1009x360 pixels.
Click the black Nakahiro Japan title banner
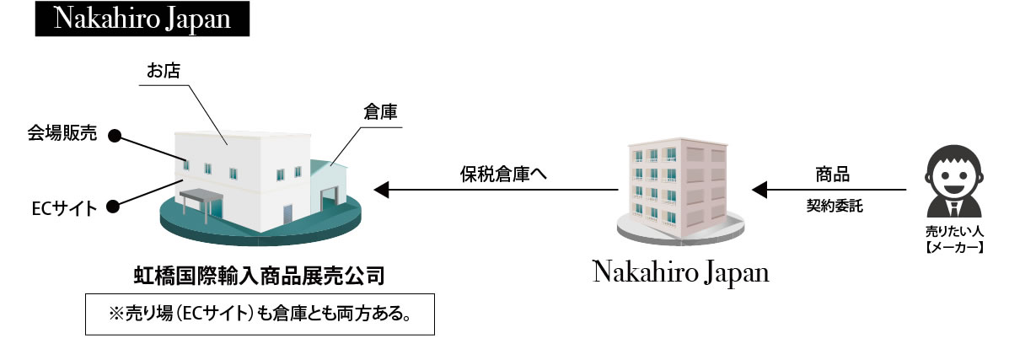[x=142, y=19]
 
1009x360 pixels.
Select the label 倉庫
[x=379, y=112]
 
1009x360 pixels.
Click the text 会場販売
[x=62, y=133]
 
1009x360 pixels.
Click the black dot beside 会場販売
[x=115, y=135]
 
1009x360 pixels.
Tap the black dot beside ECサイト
[x=113, y=207]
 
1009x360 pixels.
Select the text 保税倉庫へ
[x=503, y=174]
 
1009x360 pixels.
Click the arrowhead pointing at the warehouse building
[x=382, y=190]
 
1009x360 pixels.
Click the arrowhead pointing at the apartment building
[x=759, y=190]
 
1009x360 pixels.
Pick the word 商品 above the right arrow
[x=832, y=174]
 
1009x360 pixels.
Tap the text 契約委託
[x=835, y=207]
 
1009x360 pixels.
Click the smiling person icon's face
[x=953, y=174]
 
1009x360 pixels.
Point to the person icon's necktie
[x=953, y=208]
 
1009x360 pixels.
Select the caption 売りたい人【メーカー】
[x=953, y=238]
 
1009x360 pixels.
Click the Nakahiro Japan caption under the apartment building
[x=681, y=271]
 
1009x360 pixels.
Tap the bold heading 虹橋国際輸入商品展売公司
[x=259, y=276]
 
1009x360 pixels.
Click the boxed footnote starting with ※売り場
[x=260, y=314]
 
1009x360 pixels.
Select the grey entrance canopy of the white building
[x=201, y=195]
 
